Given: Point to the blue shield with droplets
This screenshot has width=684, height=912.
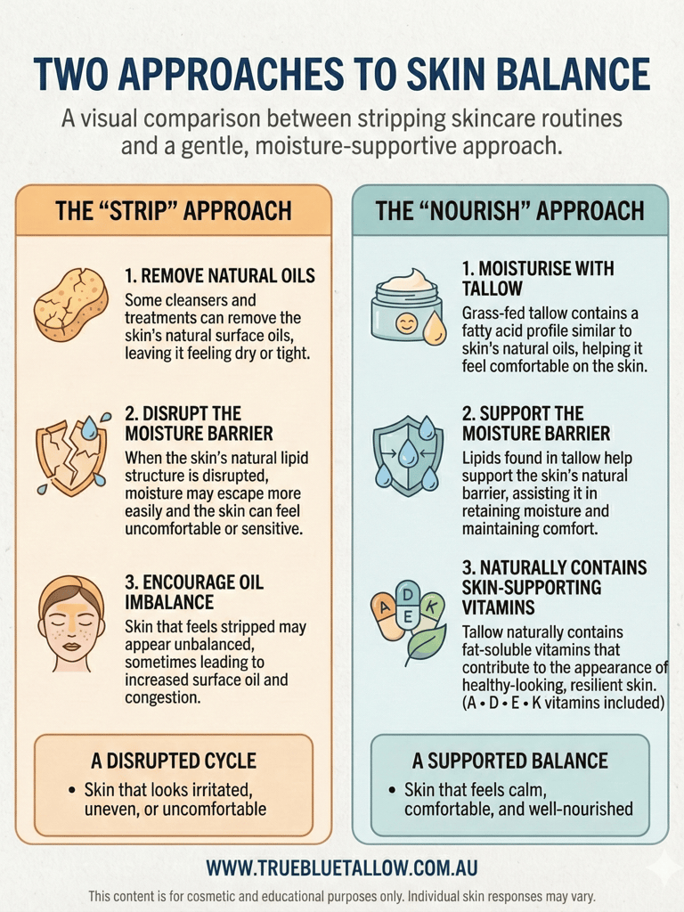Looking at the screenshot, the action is pyautogui.click(x=407, y=453).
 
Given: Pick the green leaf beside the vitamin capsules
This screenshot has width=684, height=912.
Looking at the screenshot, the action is pyautogui.click(x=425, y=644).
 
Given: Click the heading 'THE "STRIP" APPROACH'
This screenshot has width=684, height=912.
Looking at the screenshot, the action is pyautogui.click(x=174, y=211).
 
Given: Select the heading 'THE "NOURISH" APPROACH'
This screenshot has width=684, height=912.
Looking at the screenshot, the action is pyautogui.click(x=509, y=211).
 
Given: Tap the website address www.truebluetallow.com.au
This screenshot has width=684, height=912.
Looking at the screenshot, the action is pyautogui.click(x=342, y=867).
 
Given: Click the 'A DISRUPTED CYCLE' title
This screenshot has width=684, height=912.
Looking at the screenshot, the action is pyautogui.click(x=174, y=761).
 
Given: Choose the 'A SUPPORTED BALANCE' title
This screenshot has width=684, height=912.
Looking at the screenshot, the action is pyautogui.click(x=509, y=761).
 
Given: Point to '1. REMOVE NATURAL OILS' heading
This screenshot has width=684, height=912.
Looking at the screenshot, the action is pyautogui.click(x=220, y=275).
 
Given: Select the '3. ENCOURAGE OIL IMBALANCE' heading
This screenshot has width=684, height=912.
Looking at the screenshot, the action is pyautogui.click(x=194, y=593).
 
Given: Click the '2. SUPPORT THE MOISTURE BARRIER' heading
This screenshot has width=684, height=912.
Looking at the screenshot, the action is pyautogui.click(x=536, y=424).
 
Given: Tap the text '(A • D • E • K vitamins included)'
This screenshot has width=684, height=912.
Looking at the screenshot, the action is pyautogui.click(x=564, y=703).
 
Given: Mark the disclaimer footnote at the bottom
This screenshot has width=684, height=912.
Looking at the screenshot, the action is pyautogui.click(x=342, y=895).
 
